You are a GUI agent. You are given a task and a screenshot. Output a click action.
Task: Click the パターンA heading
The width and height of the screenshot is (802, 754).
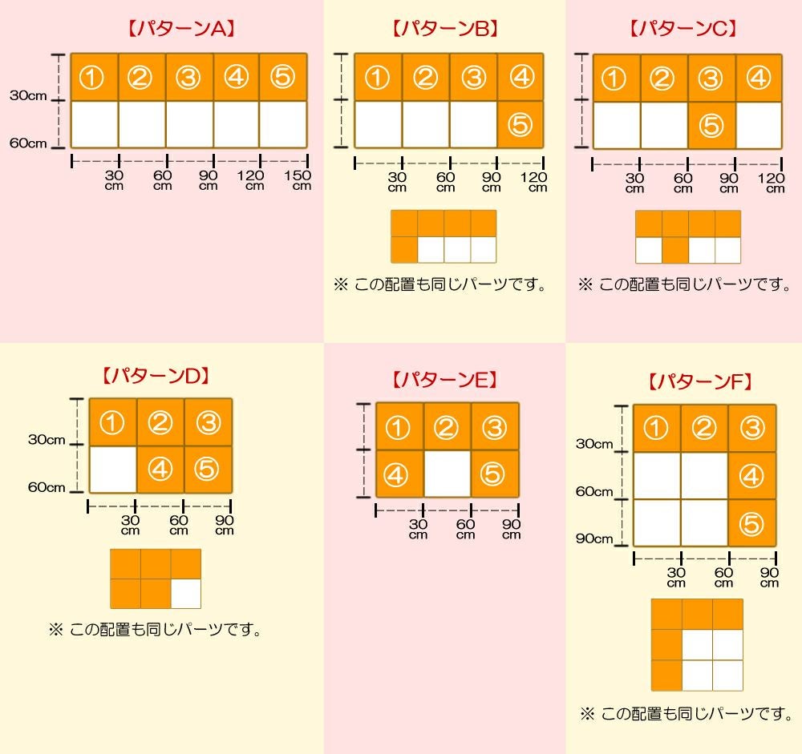[181, 30]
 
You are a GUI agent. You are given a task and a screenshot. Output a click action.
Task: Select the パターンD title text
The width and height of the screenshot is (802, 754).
[156, 375]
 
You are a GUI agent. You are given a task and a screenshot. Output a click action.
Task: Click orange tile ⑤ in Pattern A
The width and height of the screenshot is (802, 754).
[283, 77]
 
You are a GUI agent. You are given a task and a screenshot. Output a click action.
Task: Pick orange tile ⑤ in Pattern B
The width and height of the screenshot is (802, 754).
[520, 124]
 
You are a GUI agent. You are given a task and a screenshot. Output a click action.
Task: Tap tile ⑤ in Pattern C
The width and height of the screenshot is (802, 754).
[711, 125]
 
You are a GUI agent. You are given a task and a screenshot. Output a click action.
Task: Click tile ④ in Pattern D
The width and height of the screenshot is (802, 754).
[160, 469]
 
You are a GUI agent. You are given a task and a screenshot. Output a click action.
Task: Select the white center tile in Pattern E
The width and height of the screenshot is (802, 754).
[447, 474]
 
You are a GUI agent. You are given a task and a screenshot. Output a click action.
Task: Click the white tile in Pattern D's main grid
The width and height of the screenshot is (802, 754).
[112, 469]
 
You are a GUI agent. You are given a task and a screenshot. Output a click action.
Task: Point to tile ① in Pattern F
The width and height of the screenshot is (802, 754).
[656, 428]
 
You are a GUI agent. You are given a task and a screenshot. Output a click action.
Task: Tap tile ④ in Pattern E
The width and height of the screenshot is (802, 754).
[399, 474]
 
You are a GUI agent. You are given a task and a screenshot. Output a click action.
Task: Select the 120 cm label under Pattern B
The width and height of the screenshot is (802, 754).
[533, 182]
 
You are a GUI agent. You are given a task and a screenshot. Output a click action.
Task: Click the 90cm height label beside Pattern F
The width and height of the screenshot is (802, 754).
[593, 538]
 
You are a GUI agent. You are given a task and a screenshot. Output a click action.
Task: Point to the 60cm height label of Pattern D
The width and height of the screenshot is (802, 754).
[46, 487]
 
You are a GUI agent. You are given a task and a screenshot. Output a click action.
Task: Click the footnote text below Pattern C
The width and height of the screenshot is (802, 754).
[684, 284]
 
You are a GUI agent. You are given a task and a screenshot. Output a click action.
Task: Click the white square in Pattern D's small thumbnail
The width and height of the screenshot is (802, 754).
[186, 593]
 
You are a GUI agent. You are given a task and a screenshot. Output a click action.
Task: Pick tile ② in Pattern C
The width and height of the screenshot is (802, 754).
[663, 78]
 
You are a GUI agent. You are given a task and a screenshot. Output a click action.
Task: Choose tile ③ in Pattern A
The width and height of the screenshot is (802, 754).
[188, 77]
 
